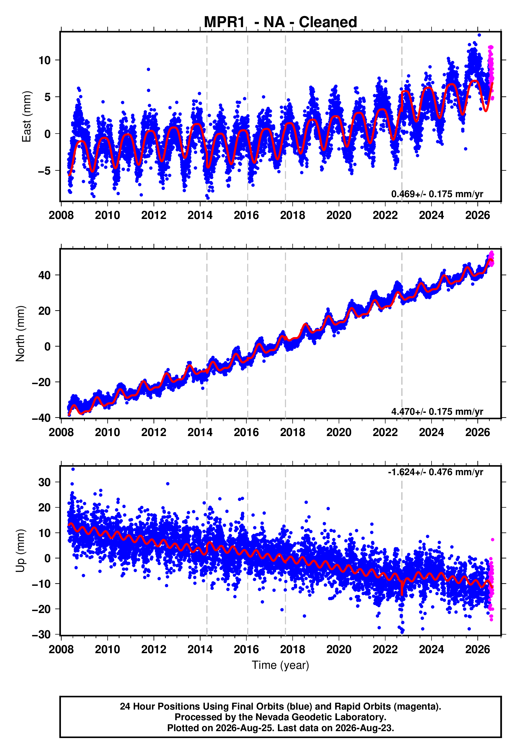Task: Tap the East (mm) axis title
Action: [27, 117]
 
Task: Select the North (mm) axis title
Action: [20, 334]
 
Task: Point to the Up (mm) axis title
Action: [20, 551]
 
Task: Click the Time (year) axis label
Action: [280, 665]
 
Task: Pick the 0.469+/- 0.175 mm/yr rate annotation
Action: [437, 194]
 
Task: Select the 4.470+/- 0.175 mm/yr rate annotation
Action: [437, 411]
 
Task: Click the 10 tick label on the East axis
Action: [44, 60]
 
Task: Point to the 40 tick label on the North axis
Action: [44, 275]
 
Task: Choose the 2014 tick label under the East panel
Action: [200, 215]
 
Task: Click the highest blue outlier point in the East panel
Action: [479, 35]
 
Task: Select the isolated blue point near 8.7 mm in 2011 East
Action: [148, 69]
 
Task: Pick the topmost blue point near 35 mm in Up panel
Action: [73, 469]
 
